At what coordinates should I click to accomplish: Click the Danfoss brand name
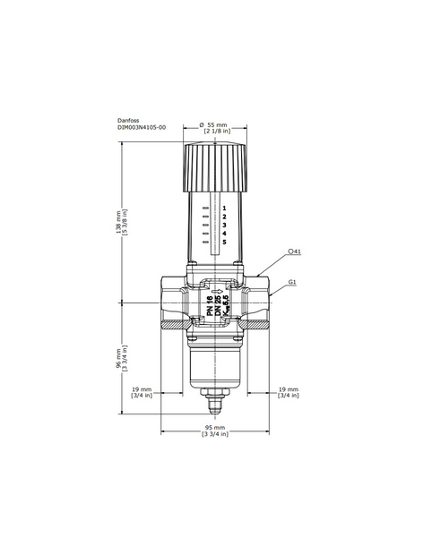pyautogui.click(x=128, y=119)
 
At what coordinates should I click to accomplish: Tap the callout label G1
pyautogui.click(x=293, y=282)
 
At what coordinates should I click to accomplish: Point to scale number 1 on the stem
pyautogui.click(x=224, y=208)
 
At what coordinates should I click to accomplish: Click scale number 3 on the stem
pyautogui.click(x=224, y=225)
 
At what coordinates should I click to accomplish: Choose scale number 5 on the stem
pyautogui.click(x=224, y=243)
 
